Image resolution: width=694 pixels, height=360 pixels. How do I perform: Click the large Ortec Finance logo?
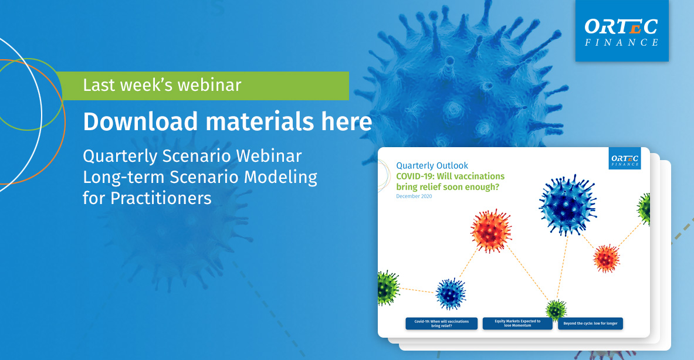point(622,30)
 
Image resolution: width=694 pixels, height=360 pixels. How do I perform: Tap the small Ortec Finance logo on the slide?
point(625,158)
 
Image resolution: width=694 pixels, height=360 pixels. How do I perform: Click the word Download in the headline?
point(140,121)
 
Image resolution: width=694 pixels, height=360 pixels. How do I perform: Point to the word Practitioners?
point(161,199)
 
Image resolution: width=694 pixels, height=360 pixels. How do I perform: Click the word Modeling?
point(280,177)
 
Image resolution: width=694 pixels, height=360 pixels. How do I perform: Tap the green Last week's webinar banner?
point(203,86)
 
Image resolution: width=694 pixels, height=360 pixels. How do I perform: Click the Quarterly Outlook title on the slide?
point(432,165)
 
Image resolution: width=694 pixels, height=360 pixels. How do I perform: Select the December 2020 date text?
point(414,196)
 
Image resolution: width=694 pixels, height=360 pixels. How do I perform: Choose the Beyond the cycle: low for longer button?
point(590,323)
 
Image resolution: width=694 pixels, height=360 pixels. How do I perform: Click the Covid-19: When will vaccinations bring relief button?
point(441,323)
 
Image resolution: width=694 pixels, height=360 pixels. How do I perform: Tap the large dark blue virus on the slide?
point(568,205)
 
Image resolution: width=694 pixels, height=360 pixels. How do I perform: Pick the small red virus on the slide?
point(607,259)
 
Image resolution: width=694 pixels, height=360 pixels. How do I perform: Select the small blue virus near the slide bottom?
point(451,294)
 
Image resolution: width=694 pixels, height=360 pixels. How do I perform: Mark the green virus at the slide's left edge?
point(388,288)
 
